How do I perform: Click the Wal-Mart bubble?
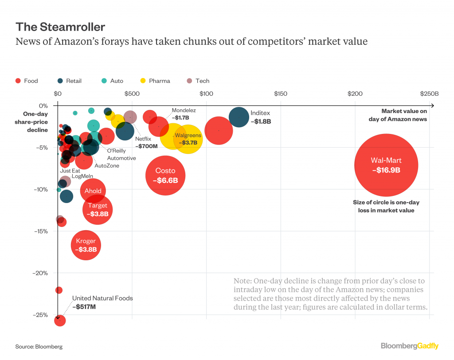point(386,165)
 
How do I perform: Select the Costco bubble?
point(165,176)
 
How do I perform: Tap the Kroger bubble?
point(86,245)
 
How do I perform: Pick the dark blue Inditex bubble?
point(239,117)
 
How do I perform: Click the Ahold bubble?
point(93,191)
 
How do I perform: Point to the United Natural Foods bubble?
point(59,320)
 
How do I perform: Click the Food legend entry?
point(27,81)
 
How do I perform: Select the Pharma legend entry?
point(155,81)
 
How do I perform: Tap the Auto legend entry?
point(112,81)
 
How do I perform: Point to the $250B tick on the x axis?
point(430,94)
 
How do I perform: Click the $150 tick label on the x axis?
point(281,94)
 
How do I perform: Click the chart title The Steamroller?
point(60,27)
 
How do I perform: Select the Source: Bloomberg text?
point(39,346)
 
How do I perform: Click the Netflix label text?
point(143,139)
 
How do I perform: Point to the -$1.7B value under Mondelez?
point(180,118)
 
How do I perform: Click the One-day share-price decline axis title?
point(35,122)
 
